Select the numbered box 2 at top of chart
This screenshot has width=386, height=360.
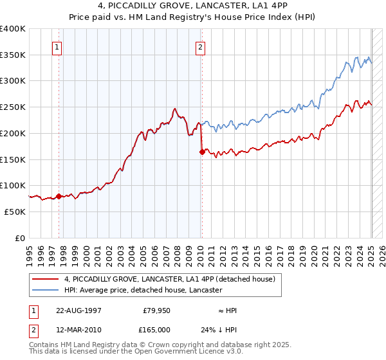201,47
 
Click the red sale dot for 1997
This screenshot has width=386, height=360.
59,196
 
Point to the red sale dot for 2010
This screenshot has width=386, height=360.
202,152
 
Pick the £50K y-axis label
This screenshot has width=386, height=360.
15,212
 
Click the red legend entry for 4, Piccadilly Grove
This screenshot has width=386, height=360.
170,279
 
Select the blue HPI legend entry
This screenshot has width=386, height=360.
143,291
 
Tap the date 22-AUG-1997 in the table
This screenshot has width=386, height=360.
78,310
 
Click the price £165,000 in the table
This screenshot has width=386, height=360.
157,329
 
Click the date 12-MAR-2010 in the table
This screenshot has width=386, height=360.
78,329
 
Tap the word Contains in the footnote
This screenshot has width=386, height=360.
44,345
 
